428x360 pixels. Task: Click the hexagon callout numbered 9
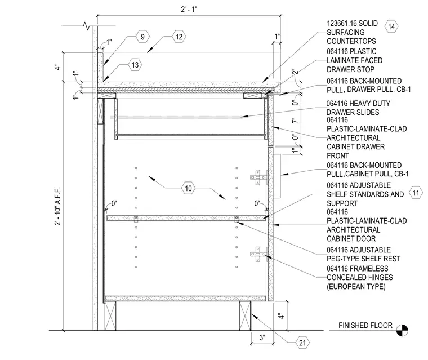click(142, 37)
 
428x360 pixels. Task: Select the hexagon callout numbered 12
click(179, 37)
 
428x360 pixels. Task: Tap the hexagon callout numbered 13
click(135, 65)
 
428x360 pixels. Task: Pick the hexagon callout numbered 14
click(391, 26)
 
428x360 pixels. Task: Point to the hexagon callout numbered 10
click(188, 188)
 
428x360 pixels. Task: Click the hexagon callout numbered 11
click(416, 193)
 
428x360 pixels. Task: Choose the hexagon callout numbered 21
click(302, 343)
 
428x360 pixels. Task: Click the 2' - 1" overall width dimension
click(189, 9)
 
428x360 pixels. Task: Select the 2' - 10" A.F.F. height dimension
click(57, 206)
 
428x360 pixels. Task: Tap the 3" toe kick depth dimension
click(262, 337)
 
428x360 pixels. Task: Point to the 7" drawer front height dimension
click(295, 120)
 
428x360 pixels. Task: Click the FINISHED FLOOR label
click(365, 325)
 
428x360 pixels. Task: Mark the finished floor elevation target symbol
click(402, 330)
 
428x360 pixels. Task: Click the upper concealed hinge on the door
click(258, 177)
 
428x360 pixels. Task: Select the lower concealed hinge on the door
click(258, 254)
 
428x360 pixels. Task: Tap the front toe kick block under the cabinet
click(245, 315)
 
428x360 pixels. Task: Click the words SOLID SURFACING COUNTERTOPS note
click(352, 32)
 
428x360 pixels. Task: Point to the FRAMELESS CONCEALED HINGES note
click(360, 278)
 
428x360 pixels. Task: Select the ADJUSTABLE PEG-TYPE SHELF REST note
click(364, 254)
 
